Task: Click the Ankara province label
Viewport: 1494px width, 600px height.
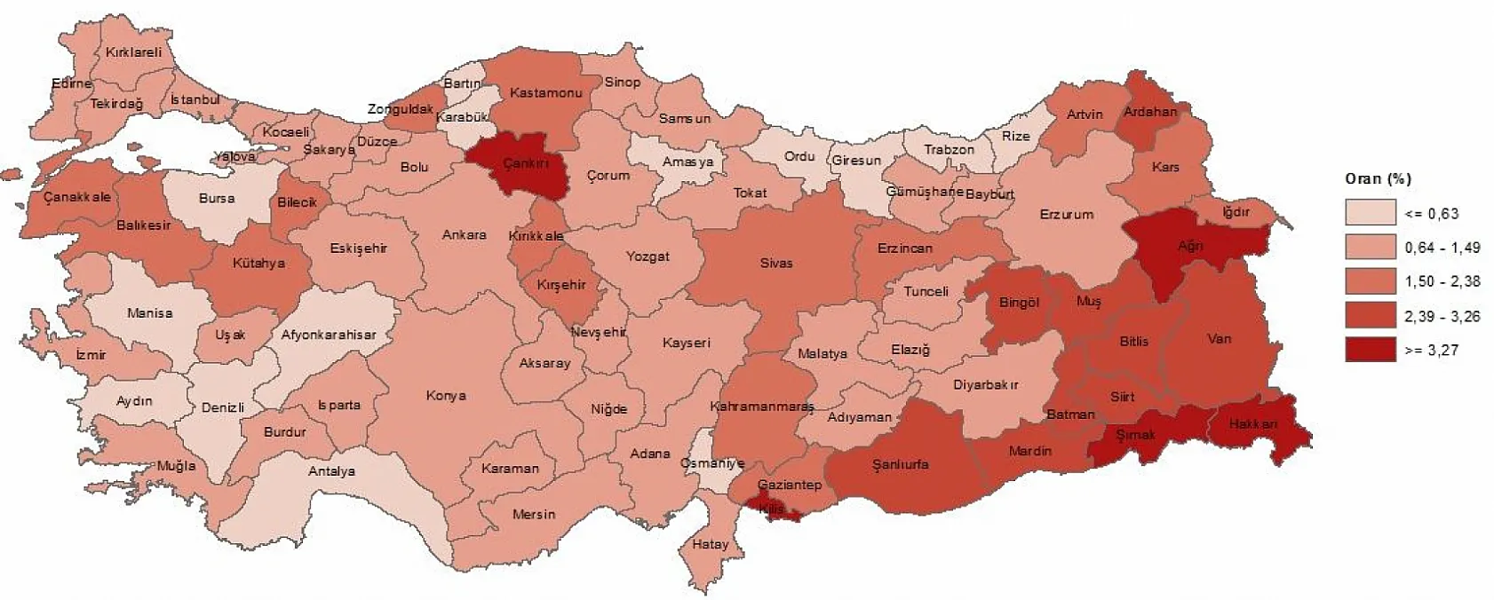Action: [x=465, y=235]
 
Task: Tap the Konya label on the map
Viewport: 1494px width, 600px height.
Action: [x=446, y=396]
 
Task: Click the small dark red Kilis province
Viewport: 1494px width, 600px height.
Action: [x=771, y=509]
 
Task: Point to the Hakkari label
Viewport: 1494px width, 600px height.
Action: [x=1252, y=424]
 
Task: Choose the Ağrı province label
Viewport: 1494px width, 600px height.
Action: [x=1190, y=246]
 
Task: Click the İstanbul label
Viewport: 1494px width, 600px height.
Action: [x=195, y=100]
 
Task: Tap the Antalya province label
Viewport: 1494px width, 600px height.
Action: [x=331, y=471]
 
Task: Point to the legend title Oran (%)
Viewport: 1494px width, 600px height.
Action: [x=1378, y=178]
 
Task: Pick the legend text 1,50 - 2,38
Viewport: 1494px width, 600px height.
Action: [x=1442, y=282]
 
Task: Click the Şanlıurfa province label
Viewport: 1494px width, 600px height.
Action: [x=900, y=464]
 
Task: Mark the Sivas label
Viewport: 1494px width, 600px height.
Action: [x=775, y=263]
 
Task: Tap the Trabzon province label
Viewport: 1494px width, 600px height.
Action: [x=949, y=150]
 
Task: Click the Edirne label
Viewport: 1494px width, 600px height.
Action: [x=71, y=84]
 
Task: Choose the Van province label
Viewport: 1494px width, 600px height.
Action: [x=1220, y=339]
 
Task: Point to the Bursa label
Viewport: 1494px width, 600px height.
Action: [x=217, y=199]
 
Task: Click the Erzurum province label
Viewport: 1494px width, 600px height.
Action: [x=1067, y=214]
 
